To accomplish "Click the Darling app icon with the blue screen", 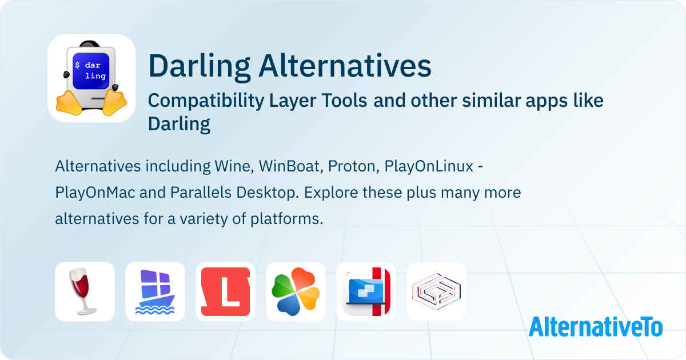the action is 91,78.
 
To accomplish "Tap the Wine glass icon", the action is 85,291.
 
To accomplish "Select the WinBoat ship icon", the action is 155,291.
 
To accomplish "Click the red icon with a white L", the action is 225,291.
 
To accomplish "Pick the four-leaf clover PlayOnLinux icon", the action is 296,291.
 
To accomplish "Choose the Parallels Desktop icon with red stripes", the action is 366,291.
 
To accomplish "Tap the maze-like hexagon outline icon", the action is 436,291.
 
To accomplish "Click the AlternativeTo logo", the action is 596,327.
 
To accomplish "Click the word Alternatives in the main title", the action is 345,66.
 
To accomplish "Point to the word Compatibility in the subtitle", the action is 206,101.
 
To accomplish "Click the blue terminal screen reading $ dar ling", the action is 91,71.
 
